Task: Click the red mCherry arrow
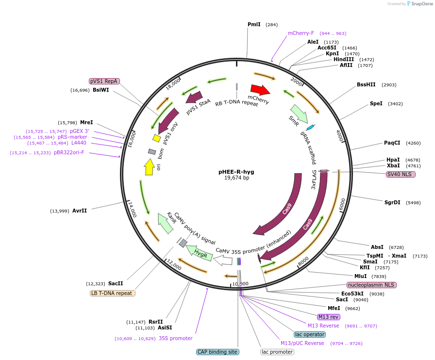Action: (260, 90)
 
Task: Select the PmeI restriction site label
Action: (254, 24)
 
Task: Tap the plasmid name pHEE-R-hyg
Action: (236, 172)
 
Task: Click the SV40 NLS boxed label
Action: (401, 174)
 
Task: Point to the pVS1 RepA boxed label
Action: (104, 81)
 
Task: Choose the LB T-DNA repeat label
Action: (113, 293)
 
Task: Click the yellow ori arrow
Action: (150, 166)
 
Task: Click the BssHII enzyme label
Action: (366, 84)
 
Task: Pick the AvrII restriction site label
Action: (80, 211)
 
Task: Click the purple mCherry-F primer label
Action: (301, 33)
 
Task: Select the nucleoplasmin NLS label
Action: (371, 285)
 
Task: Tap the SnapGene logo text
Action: (420, 4)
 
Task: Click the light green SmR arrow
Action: (298, 114)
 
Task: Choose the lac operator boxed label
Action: (310, 334)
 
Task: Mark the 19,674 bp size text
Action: (236, 178)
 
